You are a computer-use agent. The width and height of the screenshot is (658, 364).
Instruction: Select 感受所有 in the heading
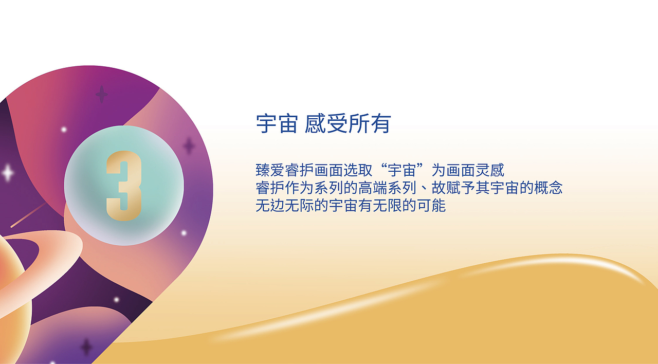pos(348,124)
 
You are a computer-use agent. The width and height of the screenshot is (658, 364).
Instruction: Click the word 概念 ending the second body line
pos(549,188)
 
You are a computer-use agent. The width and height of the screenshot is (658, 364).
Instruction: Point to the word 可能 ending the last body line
pos(432,206)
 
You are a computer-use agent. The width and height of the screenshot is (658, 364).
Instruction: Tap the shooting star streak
pos(28,215)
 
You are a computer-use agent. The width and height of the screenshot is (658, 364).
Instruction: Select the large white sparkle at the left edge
pos(7,173)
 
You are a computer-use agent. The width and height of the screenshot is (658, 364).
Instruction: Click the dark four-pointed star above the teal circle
pos(102,95)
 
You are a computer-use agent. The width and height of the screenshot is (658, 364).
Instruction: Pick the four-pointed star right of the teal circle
pos(189,146)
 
